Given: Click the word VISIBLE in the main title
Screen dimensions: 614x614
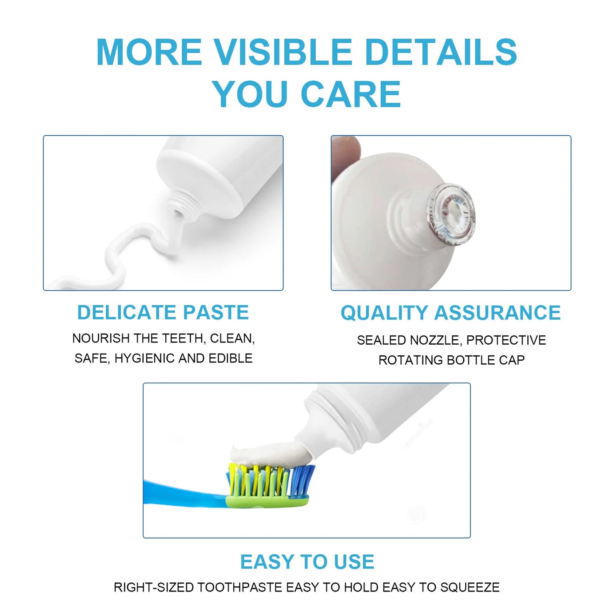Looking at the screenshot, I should coord(283,52).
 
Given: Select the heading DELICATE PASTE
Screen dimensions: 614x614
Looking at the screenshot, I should coord(163,313).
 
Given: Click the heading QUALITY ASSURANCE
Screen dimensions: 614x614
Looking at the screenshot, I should coord(450,313).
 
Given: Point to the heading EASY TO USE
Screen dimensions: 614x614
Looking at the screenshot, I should coord(307,562).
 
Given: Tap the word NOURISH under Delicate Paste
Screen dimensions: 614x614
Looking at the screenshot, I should coord(101,338).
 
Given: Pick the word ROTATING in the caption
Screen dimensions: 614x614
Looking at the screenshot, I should coord(410,360).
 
